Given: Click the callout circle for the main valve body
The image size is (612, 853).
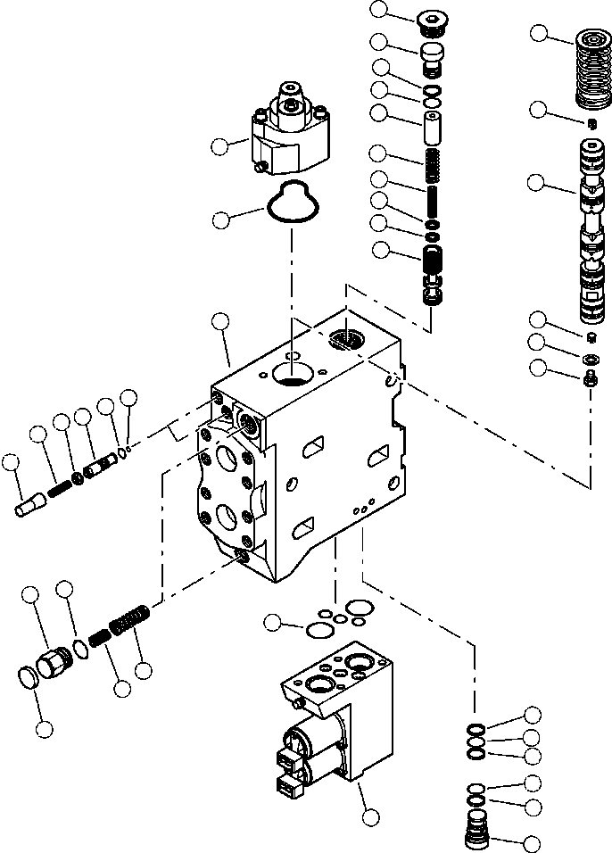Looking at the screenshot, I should tap(219, 322).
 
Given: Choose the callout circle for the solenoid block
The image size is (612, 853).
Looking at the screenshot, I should tap(368, 815).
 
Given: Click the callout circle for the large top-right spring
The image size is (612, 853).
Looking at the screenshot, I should tap(538, 34).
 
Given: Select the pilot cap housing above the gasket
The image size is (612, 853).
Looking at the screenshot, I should tap(289, 134).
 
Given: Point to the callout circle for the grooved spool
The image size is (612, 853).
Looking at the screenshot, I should tap(537, 183).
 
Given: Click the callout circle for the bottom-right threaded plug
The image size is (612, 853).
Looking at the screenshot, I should tap(533, 841).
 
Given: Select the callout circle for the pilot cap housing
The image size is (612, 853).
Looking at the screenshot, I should tap(219, 145).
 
